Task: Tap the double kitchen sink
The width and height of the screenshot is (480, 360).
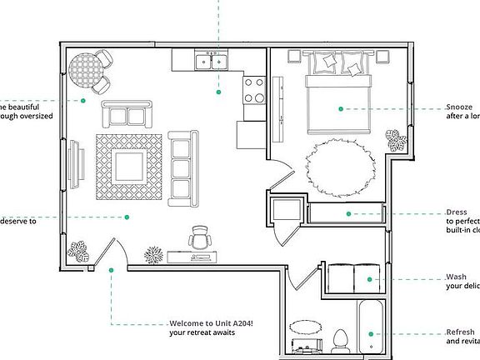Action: coord(210,61)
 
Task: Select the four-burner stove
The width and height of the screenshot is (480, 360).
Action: coord(252,89)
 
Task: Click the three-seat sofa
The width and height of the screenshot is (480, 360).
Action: coord(181,167)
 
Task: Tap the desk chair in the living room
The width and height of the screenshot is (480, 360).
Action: coord(200,237)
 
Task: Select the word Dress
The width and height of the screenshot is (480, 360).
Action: coord(457,212)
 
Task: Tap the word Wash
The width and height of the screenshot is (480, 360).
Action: coord(456,277)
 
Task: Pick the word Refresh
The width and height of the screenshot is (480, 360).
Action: coord(460,332)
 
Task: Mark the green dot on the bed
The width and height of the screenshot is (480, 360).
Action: coord(340,108)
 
